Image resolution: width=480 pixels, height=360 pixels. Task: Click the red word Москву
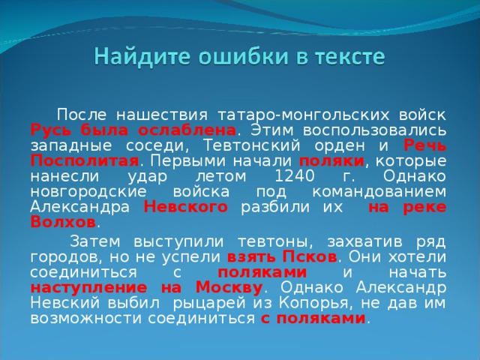coord(226,287)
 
